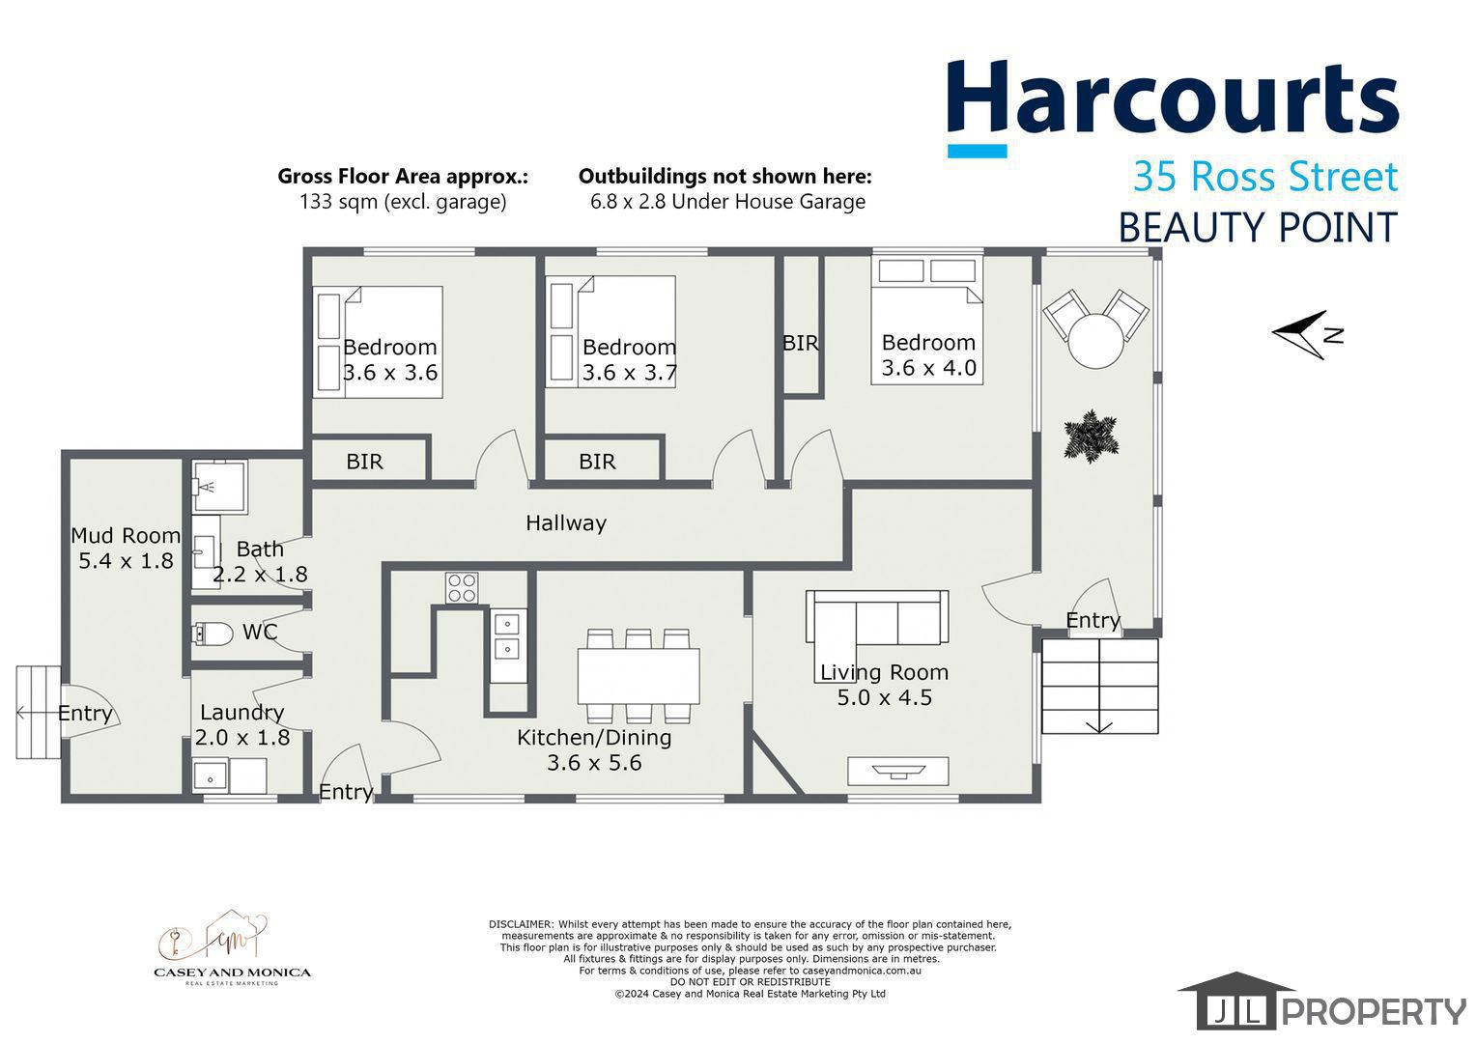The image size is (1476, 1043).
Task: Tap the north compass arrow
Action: click(1307, 335)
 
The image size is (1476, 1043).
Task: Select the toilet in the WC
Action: click(213, 634)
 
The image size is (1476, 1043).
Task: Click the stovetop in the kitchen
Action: click(462, 588)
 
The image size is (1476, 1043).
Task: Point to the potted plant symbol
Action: click(1092, 437)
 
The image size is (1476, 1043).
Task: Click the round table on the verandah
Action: click(1095, 341)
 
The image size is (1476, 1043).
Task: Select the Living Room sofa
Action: click(876, 617)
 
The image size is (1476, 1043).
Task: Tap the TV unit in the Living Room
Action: click(898, 771)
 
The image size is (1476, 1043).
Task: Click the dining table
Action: click(639, 676)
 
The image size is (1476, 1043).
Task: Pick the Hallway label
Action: click(566, 523)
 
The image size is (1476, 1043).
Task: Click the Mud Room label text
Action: click(126, 535)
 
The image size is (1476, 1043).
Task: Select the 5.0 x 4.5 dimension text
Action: click(884, 697)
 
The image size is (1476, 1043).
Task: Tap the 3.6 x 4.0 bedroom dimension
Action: click(929, 368)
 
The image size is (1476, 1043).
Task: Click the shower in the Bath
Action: click(219, 486)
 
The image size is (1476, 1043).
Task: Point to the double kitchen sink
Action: click(507, 635)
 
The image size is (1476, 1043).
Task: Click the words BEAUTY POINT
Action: click(1258, 228)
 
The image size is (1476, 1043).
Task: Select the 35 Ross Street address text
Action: click(1265, 176)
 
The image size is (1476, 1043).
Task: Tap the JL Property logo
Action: click(1321, 1001)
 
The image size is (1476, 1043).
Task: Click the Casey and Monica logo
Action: click(232, 947)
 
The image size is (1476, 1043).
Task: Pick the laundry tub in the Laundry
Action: click(211, 775)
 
